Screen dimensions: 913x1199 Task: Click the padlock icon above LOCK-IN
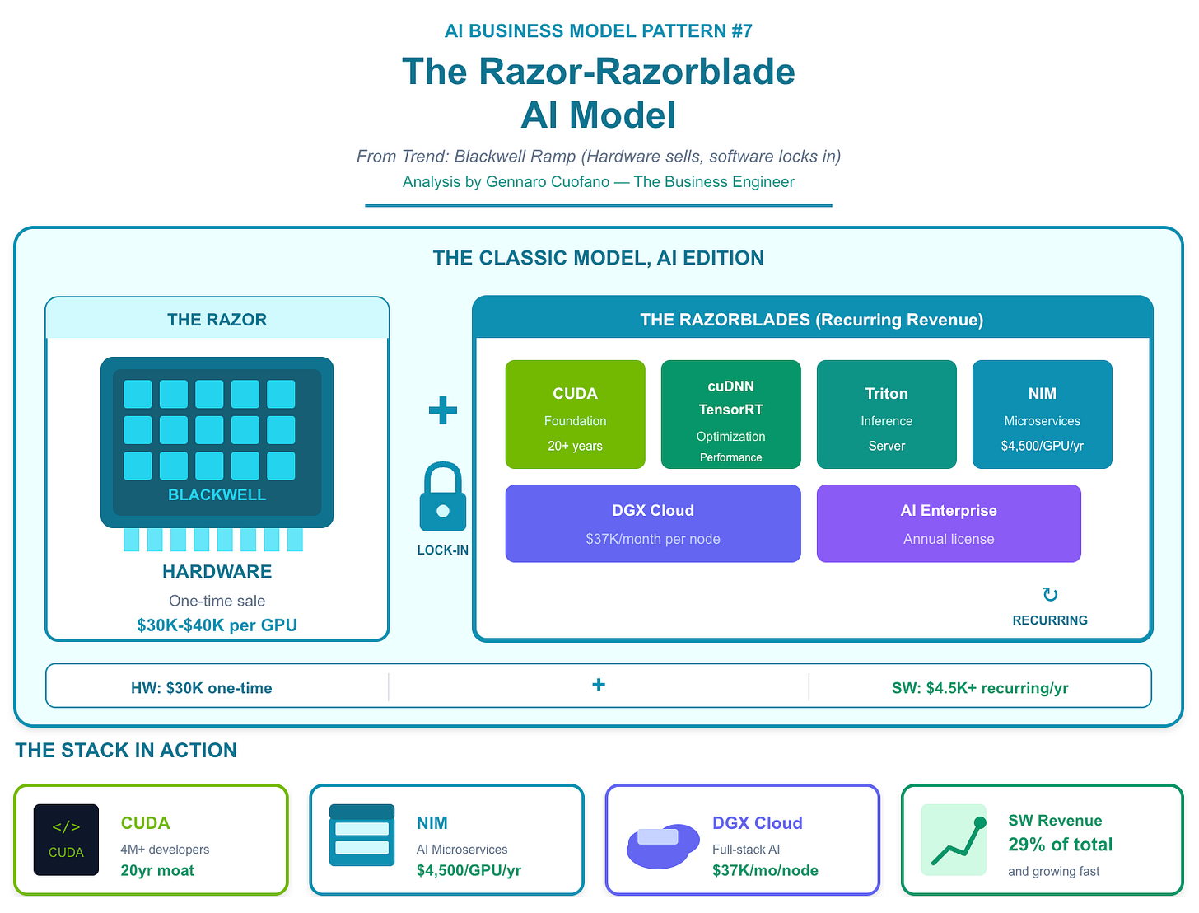pos(443,497)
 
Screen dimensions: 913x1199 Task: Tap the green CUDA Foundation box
pos(575,414)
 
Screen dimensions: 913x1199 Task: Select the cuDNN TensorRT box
pos(730,414)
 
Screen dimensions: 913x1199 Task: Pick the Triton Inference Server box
pos(886,414)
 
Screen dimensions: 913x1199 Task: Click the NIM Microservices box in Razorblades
pos(1042,414)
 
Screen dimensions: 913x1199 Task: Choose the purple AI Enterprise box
pos(948,523)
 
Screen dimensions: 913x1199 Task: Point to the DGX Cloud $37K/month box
pos(652,523)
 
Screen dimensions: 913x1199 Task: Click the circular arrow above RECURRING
pos(1050,595)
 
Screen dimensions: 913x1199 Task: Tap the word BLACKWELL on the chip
pos(217,495)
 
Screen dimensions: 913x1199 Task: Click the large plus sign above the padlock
pos(443,410)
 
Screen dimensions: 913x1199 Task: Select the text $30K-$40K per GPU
pos(217,625)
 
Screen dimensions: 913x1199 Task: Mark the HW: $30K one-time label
pos(201,688)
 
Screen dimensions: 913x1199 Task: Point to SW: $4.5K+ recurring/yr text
pos(980,688)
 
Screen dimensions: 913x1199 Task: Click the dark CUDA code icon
pos(66,840)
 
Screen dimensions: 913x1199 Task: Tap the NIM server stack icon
pos(362,836)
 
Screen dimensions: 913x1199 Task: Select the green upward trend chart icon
pos(954,840)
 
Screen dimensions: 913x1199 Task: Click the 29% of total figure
pos(1060,845)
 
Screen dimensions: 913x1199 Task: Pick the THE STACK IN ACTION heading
pos(126,751)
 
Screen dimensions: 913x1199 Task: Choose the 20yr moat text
pos(157,871)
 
